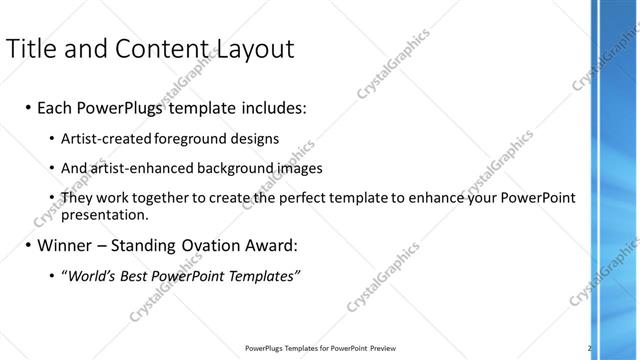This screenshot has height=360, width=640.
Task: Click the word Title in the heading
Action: [x=31, y=49]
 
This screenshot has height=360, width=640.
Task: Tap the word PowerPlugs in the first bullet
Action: [x=121, y=107]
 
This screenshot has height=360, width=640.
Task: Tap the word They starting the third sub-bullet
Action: [x=77, y=198]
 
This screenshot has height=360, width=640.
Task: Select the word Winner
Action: [x=63, y=245]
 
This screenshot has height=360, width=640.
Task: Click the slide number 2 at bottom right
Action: [x=589, y=348]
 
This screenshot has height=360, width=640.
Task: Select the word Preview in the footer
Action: [x=381, y=349]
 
